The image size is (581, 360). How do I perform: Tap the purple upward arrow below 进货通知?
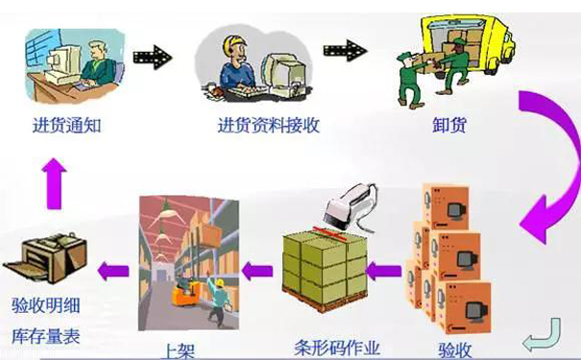pyautogui.click(x=55, y=180)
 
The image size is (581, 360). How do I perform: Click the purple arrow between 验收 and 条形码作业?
pyautogui.click(x=387, y=272)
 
